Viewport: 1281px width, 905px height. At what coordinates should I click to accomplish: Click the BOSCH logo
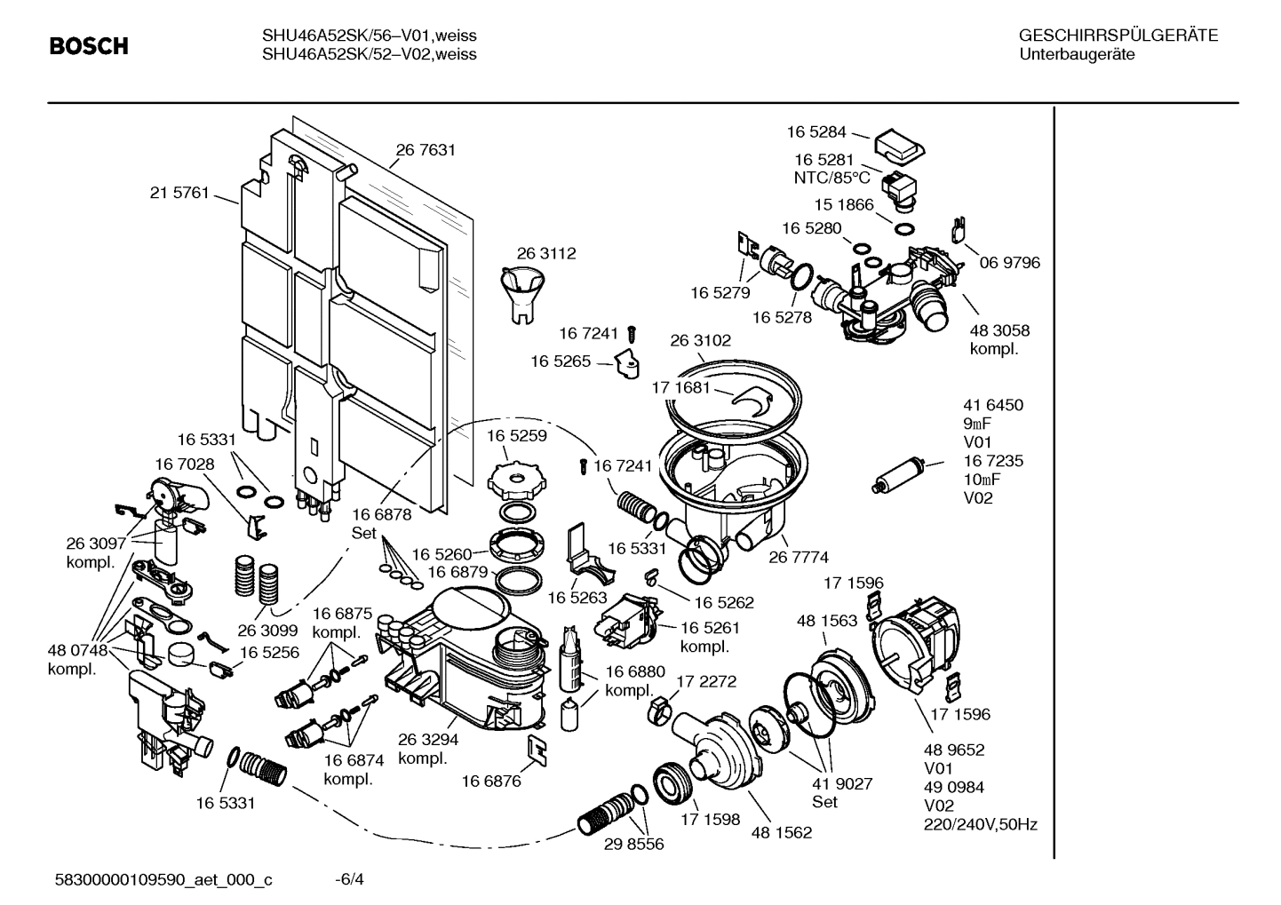89,46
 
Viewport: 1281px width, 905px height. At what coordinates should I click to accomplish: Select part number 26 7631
426,150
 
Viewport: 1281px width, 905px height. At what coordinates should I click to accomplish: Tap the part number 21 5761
179,192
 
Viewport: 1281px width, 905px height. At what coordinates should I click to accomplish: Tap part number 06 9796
1009,263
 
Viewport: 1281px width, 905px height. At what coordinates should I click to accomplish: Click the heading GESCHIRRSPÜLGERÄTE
1118,36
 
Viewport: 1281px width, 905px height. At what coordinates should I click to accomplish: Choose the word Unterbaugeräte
1077,54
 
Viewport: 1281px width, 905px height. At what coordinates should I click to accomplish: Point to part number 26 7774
798,557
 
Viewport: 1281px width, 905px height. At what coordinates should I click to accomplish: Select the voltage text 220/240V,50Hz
981,824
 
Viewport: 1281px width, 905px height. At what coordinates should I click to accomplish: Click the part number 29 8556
633,844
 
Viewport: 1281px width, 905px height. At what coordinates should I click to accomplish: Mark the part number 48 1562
781,832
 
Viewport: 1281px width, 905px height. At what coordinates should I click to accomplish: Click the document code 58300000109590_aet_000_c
163,880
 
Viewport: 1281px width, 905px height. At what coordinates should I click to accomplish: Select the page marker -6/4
349,880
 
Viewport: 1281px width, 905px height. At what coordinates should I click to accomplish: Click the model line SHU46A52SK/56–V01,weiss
369,36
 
